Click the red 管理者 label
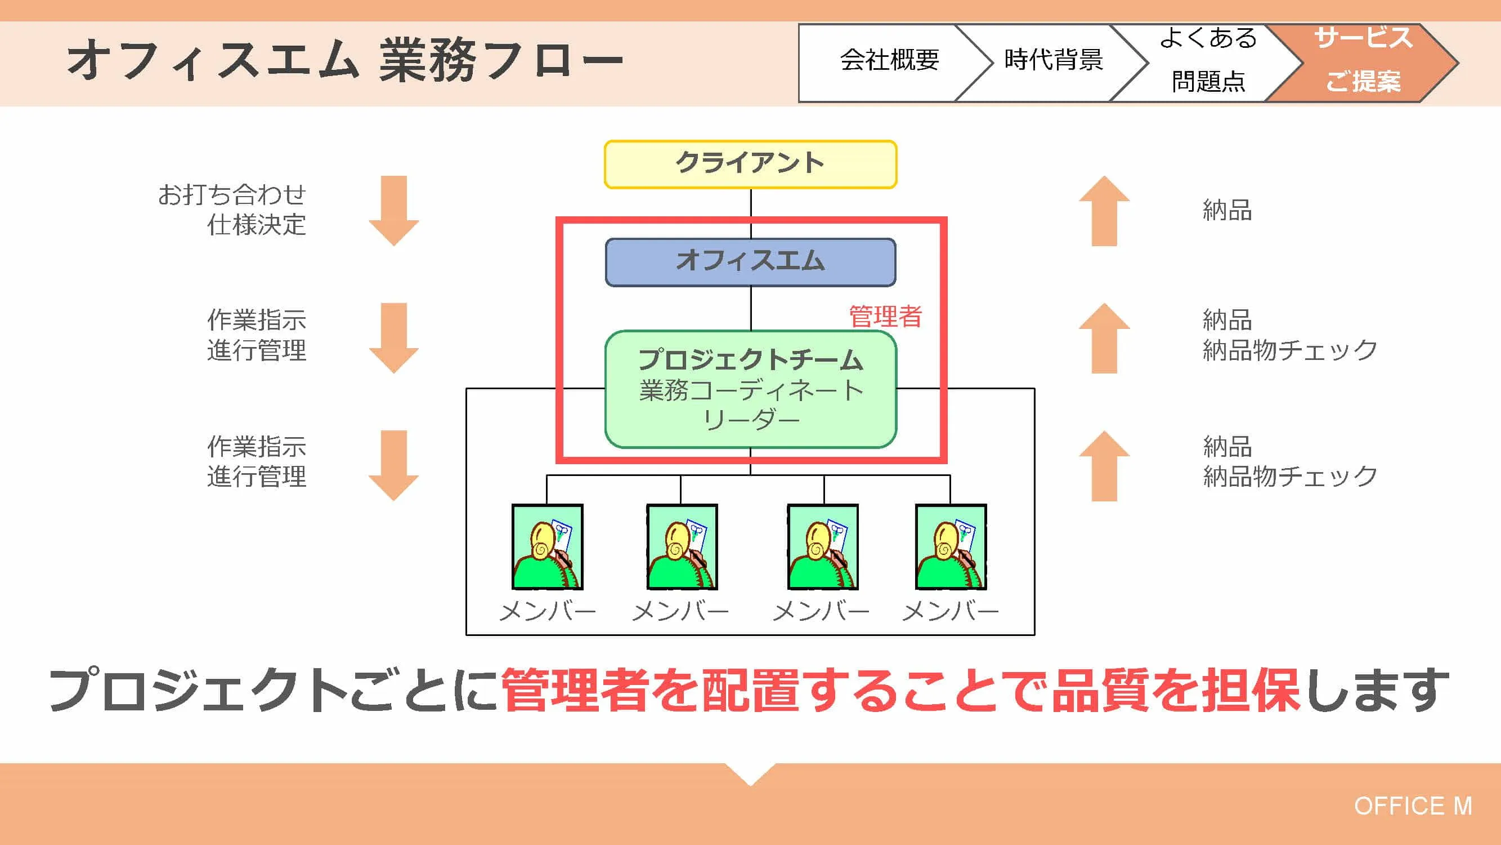pos(885,317)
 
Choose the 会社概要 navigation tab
pos(889,60)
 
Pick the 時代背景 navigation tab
pos(1053,60)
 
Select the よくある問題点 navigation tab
pos(1207,60)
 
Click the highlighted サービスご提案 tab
pos(1363,60)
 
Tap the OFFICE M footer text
pos(1413,806)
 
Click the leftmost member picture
pos(547,546)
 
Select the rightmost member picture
pos(951,546)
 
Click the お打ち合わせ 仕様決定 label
pos(232,210)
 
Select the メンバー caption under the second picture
pos(680,611)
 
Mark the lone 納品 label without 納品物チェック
pos(1227,210)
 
